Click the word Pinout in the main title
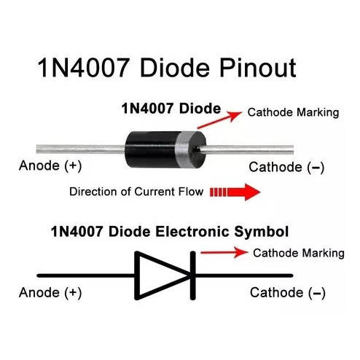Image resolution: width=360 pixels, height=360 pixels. click(x=258, y=68)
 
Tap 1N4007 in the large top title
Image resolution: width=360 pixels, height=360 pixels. click(x=83, y=68)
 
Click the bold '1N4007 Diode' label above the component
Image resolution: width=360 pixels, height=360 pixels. click(x=171, y=109)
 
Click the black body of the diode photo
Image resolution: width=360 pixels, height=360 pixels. click(x=151, y=149)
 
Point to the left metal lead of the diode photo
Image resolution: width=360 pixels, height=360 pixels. click(x=80, y=149)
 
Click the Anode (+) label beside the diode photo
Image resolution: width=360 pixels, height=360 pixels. click(x=50, y=166)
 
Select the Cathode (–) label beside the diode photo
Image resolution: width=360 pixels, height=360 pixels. click(x=286, y=168)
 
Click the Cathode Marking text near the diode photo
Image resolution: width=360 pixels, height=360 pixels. click(x=293, y=112)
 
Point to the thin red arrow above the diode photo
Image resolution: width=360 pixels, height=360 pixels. click(x=220, y=120)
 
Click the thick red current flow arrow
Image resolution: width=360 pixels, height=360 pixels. click(x=235, y=192)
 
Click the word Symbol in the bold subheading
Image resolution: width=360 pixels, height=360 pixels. click(x=262, y=232)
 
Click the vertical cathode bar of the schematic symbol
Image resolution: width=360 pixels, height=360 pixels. click(x=192, y=275)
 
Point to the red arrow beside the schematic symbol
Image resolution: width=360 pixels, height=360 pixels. click(x=224, y=252)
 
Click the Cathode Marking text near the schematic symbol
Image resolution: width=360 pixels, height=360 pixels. click(x=299, y=253)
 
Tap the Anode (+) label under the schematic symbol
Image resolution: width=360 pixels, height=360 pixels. click(x=50, y=292)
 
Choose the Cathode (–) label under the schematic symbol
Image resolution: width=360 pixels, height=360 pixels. click(x=288, y=293)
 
